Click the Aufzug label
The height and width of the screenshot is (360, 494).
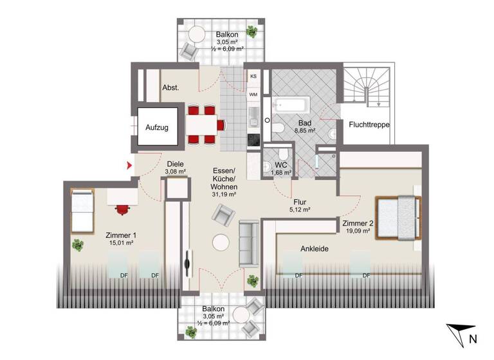(157, 127)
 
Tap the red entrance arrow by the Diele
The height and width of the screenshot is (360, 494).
(131, 166)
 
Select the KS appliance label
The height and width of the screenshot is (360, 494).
(254, 76)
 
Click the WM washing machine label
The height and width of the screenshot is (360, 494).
(254, 95)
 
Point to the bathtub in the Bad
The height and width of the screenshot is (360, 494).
(291, 105)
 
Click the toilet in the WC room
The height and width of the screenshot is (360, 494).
(269, 166)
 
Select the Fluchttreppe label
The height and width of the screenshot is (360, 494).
(370, 125)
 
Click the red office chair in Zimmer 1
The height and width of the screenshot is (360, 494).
(122, 208)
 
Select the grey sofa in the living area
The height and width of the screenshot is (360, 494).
(249, 243)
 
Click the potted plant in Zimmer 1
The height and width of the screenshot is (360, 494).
(78, 245)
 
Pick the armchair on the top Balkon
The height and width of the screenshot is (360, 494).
(191, 50)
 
